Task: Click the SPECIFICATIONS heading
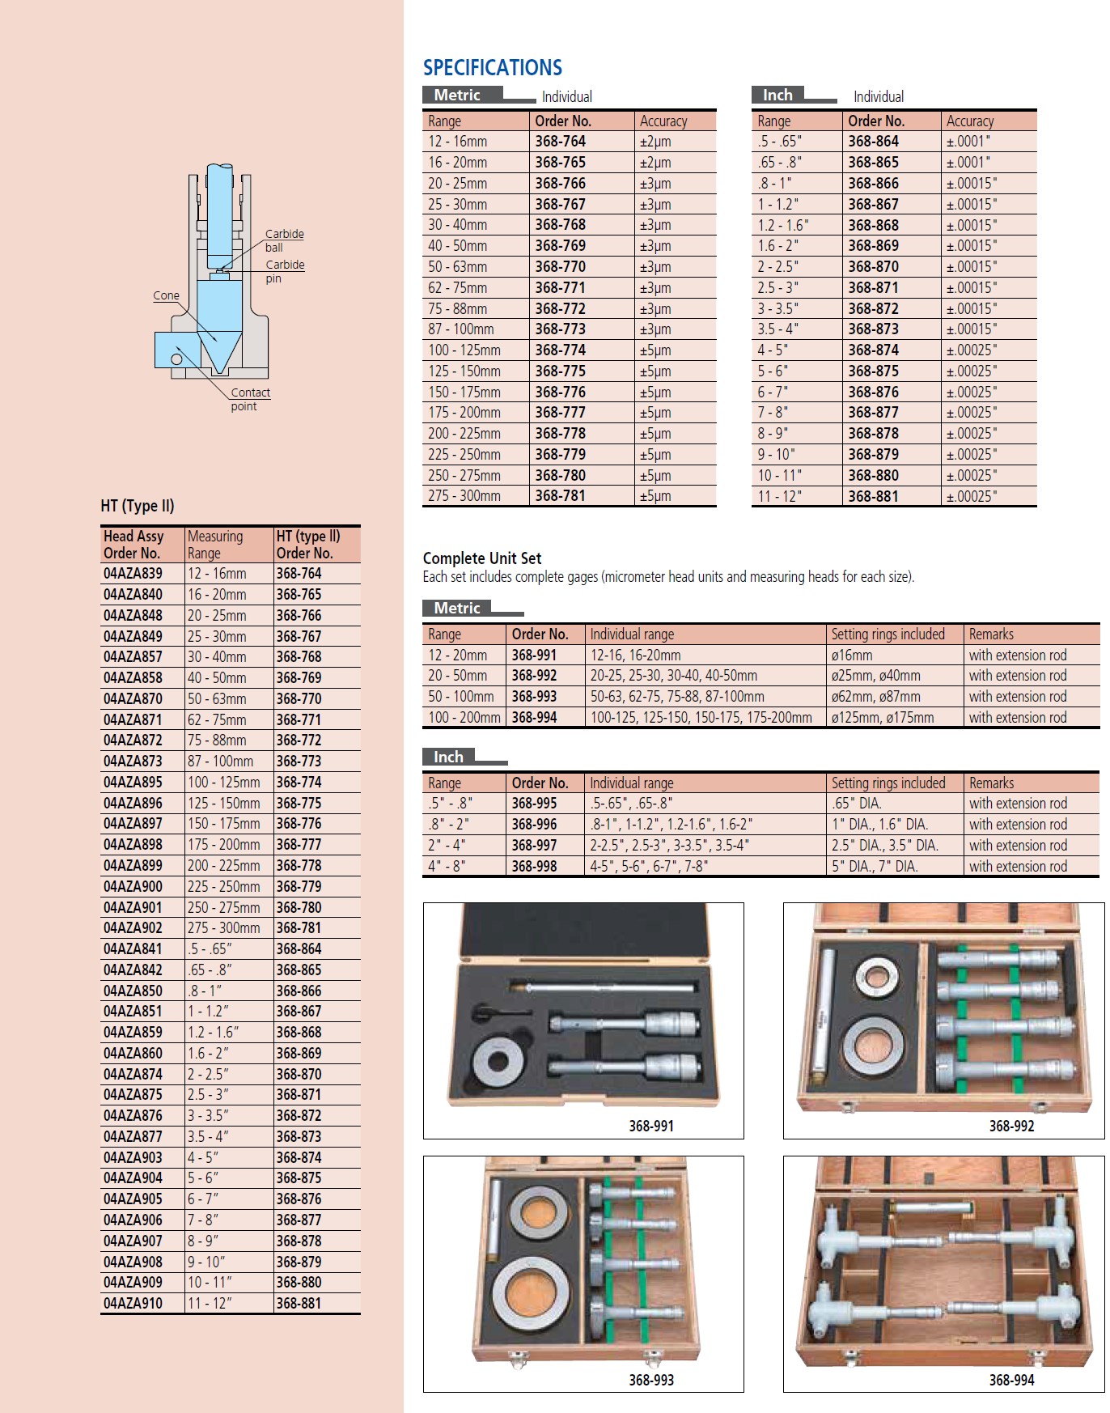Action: tap(492, 68)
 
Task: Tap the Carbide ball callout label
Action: tap(285, 240)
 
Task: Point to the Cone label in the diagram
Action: tap(166, 295)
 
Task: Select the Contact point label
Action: tap(251, 399)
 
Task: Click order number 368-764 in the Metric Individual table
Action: tap(560, 142)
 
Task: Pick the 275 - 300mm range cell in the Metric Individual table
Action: tap(464, 496)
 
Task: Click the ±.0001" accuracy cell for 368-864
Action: tap(968, 142)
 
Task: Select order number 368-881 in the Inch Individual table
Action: tap(873, 497)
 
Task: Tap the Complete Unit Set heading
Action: tap(482, 558)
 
